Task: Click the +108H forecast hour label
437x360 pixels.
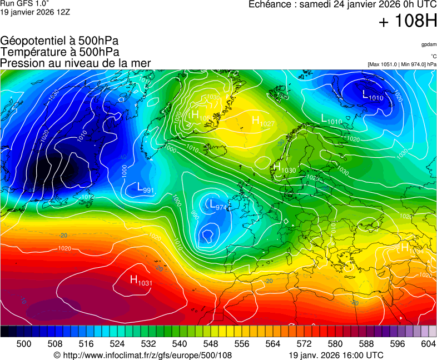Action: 408,22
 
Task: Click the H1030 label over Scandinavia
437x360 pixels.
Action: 284,168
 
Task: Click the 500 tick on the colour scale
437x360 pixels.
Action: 24,344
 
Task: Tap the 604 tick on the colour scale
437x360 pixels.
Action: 428,344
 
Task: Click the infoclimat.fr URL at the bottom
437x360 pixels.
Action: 142,355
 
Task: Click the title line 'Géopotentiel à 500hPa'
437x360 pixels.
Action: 59,41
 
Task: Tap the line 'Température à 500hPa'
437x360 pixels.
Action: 59,52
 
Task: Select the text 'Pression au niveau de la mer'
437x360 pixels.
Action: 76,63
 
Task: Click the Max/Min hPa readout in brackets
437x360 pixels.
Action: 402,64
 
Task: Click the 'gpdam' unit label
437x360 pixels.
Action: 429,44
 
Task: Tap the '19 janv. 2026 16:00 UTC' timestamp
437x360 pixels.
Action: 336,355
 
